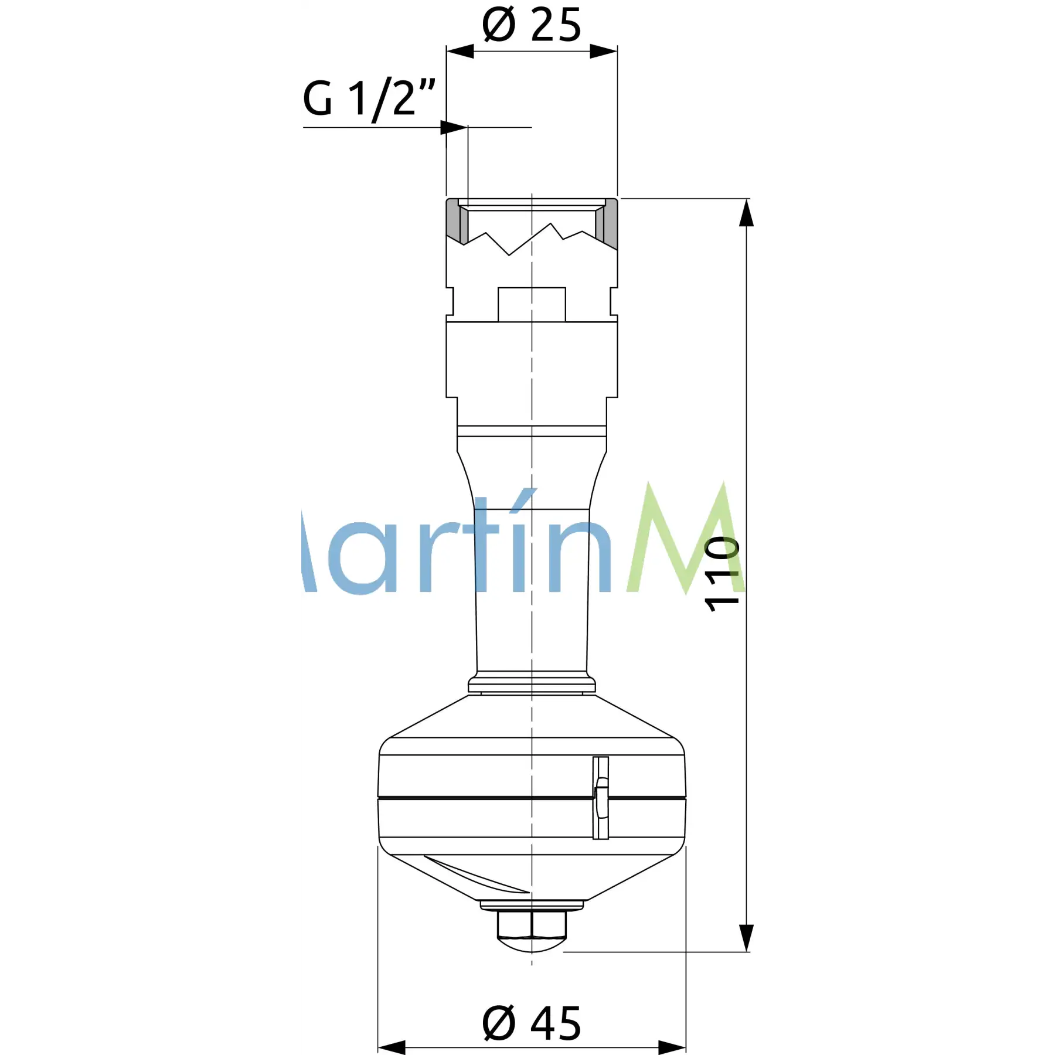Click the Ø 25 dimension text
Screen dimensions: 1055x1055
[x=532, y=25]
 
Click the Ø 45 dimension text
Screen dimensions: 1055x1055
[x=532, y=1023]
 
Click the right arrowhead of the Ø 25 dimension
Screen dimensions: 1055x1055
[x=604, y=51]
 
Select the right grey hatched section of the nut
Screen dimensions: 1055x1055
[x=610, y=220]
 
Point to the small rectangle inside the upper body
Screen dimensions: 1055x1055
[x=532, y=304]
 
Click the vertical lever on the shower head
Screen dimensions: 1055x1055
[x=601, y=798]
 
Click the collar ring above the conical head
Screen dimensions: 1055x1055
[x=532, y=684]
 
